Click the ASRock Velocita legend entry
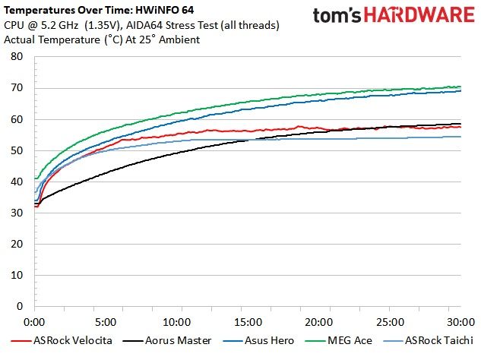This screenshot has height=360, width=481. point(62,341)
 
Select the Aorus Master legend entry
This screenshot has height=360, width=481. point(167,341)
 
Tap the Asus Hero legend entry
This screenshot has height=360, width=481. point(258,341)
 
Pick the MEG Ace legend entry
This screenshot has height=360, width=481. point(339,341)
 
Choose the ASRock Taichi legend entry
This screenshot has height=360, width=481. point(429,341)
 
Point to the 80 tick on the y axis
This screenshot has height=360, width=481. point(17,56)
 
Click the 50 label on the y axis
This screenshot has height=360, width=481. point(17,150)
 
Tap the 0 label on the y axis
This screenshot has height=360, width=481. point(20,306)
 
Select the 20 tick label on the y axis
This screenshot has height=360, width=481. point(17,244)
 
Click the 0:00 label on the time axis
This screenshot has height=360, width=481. point(34,322)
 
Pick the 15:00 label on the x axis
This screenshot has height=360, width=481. point(248,322)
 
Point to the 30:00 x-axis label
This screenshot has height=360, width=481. point(460,322)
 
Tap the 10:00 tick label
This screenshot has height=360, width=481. point(177,322)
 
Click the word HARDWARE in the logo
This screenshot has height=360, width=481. point(419,15)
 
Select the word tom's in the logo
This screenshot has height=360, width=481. point(337,16)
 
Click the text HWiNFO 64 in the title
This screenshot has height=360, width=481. point(165,10)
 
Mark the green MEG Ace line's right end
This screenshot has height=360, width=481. point(460,87)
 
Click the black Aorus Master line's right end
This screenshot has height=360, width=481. point(460,124)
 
